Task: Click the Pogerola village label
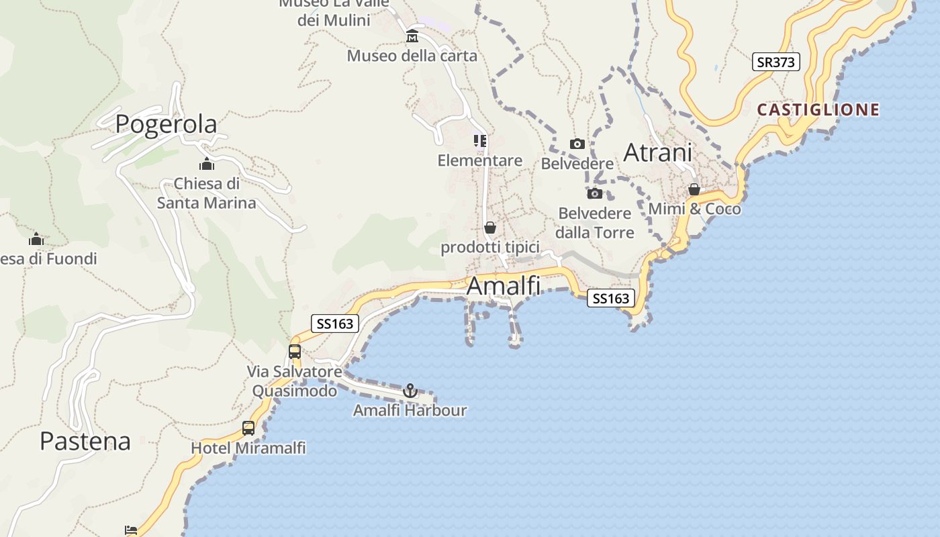coord(166,124)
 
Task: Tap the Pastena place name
coord(85,441)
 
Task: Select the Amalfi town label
coord(503,286)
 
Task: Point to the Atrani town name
coord(657,152)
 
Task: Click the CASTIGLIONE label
coord(818,109)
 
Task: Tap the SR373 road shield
coord(775,62)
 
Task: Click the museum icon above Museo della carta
coord(412,36)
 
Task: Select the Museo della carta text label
coord(412,56)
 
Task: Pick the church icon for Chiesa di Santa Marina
coord(207,164)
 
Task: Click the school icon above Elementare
coord(480,141)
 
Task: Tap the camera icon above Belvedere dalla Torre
coord(595,194)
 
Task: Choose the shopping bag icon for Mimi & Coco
coord(694,190)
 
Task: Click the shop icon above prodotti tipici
coord(490,228)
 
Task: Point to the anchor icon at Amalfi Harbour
coord(410,391)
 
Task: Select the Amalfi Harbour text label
coord(410,410)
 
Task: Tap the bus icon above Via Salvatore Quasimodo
coord(295,351)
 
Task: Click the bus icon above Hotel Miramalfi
coord(248,428)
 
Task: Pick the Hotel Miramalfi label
coord(248,448)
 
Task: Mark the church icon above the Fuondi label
coord(36,240)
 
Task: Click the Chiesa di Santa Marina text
coord(207,193)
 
